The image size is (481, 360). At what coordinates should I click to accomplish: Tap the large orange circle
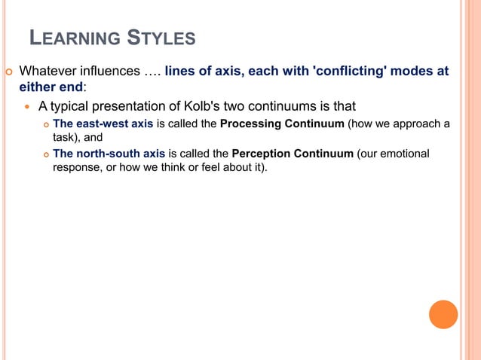tap(443, 314)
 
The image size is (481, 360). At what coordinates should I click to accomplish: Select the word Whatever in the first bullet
tap(48, 72)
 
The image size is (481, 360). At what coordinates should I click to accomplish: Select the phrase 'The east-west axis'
tap(103, 124)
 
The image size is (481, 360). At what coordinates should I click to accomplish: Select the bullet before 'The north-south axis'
tap(44, 154)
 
